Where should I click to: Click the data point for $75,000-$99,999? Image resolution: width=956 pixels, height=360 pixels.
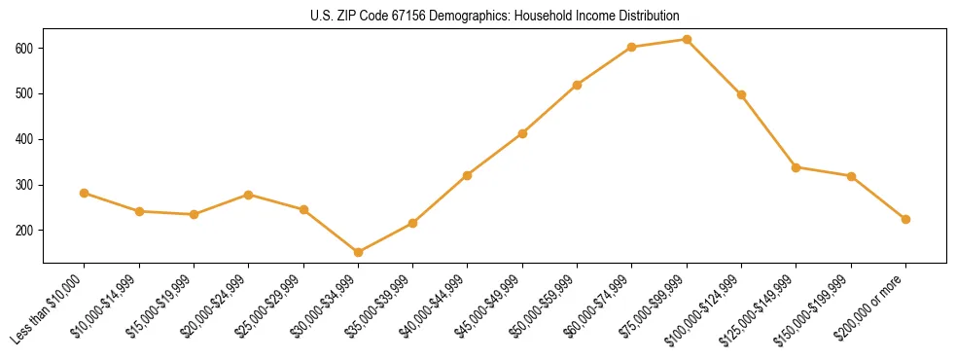pyautogui.click(x=687, y=40)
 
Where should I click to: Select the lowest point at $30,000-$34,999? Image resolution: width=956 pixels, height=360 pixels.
pyautogui.click(x=358, y=253)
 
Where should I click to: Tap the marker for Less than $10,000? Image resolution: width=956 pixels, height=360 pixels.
pyautogui.click(x=85, y=193)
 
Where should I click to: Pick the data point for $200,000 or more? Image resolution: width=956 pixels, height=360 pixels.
pyautogui.click(x=905, y=219)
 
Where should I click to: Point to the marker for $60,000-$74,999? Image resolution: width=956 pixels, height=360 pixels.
pyautogui.click(x=632, y=47)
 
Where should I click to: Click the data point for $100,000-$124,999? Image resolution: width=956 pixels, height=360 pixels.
pyautogui.click(x=741, y=95)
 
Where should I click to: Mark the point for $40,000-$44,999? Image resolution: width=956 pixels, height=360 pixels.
pyautogui.click(x=468, y=175)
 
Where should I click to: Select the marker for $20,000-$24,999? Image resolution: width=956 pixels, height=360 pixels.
pyautogui.click(x=249, y=195)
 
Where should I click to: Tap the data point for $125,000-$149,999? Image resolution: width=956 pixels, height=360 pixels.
pyautogui.click(x=797, y=167)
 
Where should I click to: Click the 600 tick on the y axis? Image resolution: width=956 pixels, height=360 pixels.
pyautogui.click(x=26, y=49)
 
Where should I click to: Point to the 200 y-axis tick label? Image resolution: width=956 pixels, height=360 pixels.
pyautogui.click(x=26, y=231)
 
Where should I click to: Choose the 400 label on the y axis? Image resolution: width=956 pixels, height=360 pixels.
pyautogui.click(x=26, y=139)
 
